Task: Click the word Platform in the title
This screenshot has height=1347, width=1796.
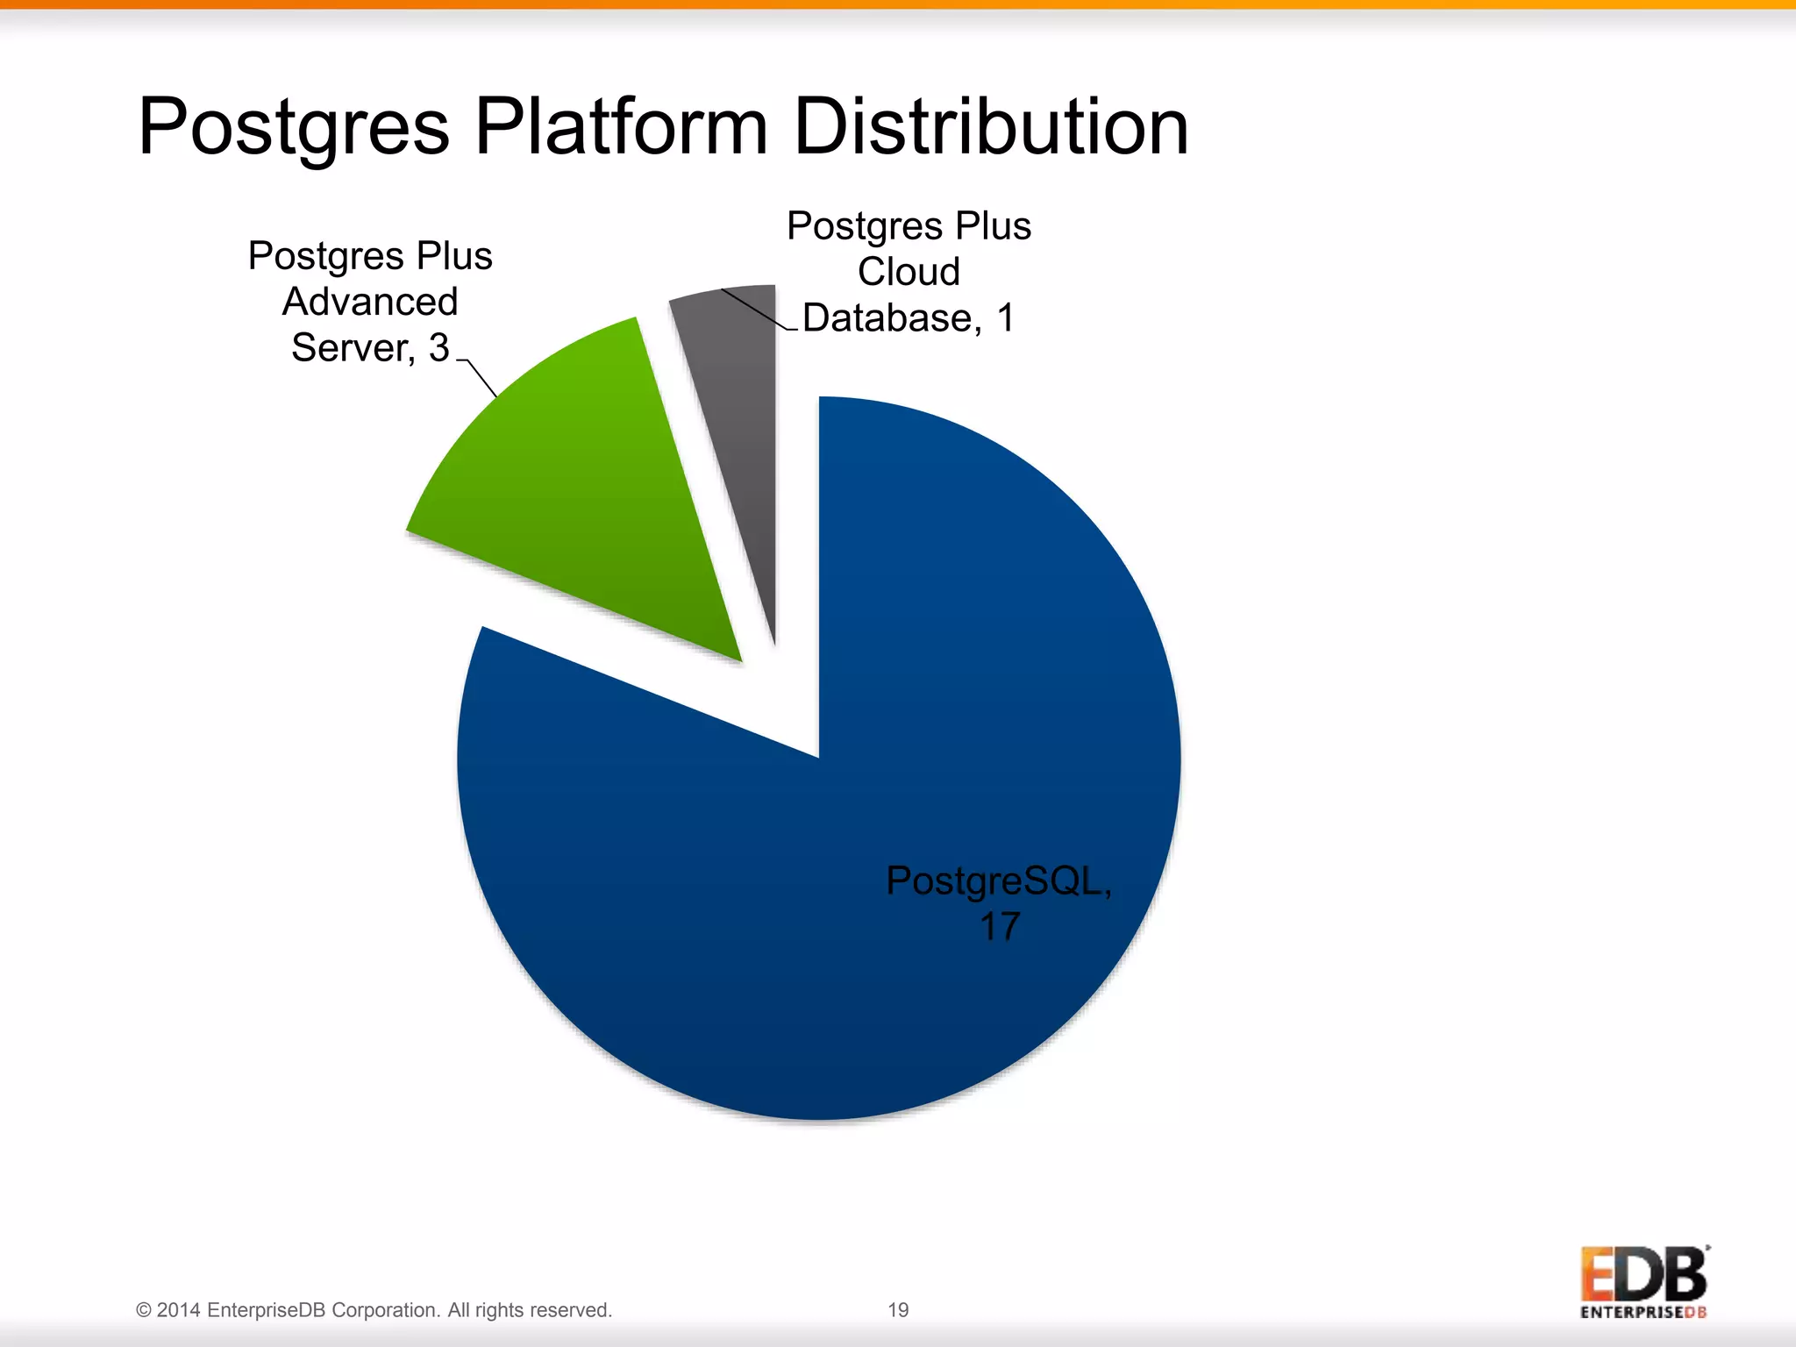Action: tap(622, 127)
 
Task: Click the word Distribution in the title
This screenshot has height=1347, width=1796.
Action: tap(991, 127)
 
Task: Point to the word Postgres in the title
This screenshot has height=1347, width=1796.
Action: tap(294, 127)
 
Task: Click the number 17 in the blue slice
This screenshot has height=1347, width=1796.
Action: tap(999, 927)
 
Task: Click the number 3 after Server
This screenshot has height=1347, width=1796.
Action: tap(438, 348)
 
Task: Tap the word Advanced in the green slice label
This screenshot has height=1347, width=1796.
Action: tap(370, 303)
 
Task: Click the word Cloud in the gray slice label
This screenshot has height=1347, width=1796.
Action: tap(909, 272)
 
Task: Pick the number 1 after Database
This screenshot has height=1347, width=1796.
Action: tap(1005, 317)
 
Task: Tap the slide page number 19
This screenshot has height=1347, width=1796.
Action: tap(898, 1310)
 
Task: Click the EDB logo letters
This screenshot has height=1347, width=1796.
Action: tap(1643, 1275)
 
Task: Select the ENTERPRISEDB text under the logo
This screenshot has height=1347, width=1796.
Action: tap(1643, 1313)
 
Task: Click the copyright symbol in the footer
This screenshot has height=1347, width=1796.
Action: tap(144, 1310)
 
